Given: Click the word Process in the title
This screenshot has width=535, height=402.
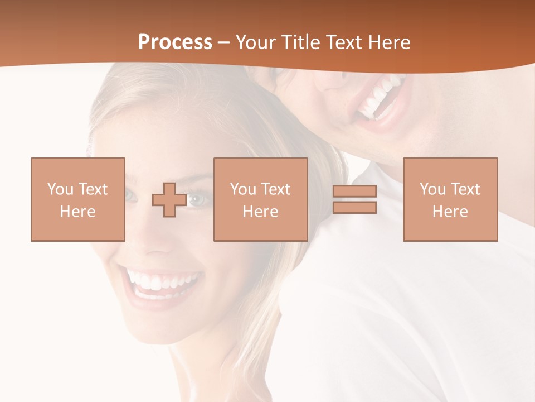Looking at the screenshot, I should click(175, 42).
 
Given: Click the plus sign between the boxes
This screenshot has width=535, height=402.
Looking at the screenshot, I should click(169, 200).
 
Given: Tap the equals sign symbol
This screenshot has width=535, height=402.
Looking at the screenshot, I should click(354, 199).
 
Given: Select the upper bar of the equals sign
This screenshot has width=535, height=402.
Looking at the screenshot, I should click(354, 192).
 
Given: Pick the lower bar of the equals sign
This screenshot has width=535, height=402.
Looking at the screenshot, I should click(354, 207).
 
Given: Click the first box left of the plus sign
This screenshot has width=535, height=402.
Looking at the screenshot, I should click(78, 199).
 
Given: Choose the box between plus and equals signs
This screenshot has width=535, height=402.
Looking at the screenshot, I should click(261, 199).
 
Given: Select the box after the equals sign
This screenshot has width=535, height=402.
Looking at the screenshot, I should click(450, 199).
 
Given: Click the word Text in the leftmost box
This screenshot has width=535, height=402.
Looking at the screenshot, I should click(93, 189).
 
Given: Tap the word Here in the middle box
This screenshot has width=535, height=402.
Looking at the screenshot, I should click(261, 211).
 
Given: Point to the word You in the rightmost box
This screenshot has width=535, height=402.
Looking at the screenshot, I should click(432, 189).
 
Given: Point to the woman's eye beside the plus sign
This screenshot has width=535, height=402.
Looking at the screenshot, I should click(198, 199).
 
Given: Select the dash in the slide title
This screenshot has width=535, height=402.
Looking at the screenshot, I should click(224, 42).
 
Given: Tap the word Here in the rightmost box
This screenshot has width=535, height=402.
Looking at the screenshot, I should click(450, 211).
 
